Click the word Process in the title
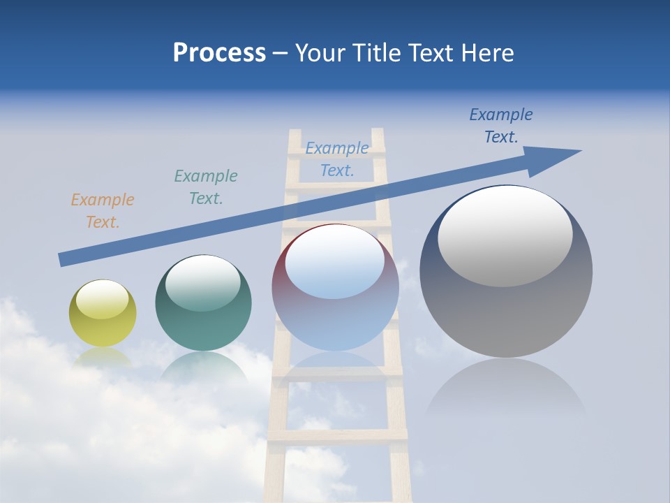click(219, 53)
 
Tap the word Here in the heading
click(486, 53)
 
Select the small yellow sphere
click(103, 314)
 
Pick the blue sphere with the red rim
click(334, 286)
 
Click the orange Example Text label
click(102, 211)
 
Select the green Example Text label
click(205, 187)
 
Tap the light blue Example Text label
click(337, 159)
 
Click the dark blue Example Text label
click(500, 126)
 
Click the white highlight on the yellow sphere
click(102, 300)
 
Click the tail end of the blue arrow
click(64, 259)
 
